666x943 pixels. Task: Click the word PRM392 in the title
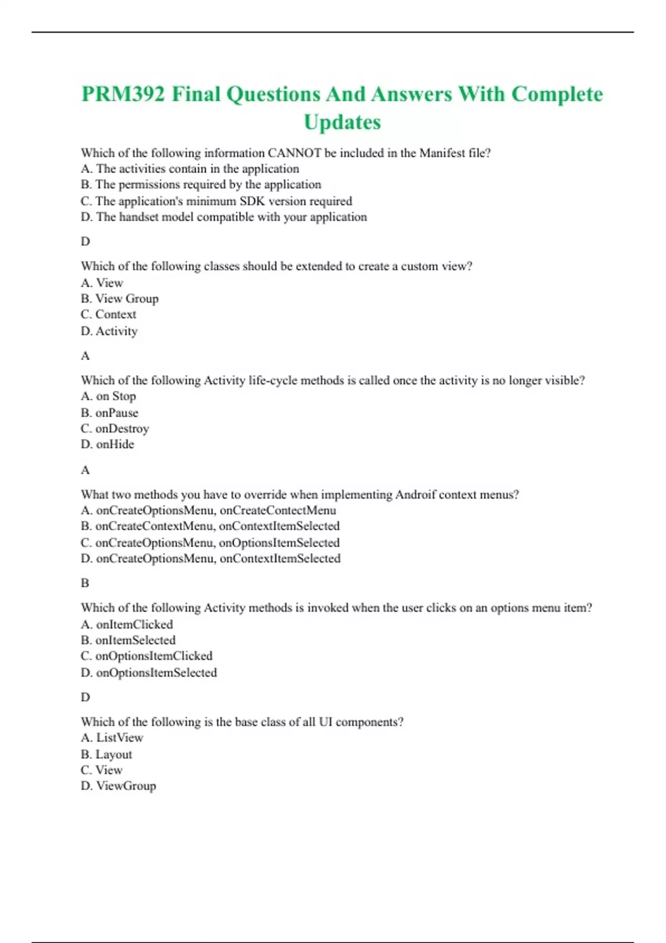pyautogui.click(x=123, y=94)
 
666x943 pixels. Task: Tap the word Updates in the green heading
pyautogui.click(x=342, y=122)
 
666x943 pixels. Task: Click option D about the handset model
pyautogui.click(x=224, y=217)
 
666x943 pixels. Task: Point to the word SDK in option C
pyautogui.click(x=252, y=201)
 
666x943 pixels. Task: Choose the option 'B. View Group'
pyautogui.click(x=120, y=298)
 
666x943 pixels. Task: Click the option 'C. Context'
pyautogui.click(x=109, y=315)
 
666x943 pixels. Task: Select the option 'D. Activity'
pyautogui.click(x=109, y=331)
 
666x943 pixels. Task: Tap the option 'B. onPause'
pyautogui.click(x=110, y=413)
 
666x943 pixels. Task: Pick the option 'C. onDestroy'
pyautogui.click(x=115, y=429)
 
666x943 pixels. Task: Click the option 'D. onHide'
pyautogui.click(x=108, y=444)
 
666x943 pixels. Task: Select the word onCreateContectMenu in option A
pyautogui.click(x=278, y=510)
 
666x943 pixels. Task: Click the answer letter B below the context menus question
pyautogui.click(x=85, y=583)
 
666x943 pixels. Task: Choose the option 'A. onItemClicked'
pyautogui.click(x=127, y=625)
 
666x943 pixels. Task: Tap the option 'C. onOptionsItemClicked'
pyautogui.click(x=147, y=656)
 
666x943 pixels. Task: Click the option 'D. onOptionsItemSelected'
pyautogui.click(x=149, y=673)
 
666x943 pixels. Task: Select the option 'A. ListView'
pyautogui.click(x=112, y=738)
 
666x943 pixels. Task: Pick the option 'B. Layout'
pyautogui.click(x=107, y=754)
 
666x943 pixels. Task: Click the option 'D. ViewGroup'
pyautogui.click(x=119, y=786)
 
